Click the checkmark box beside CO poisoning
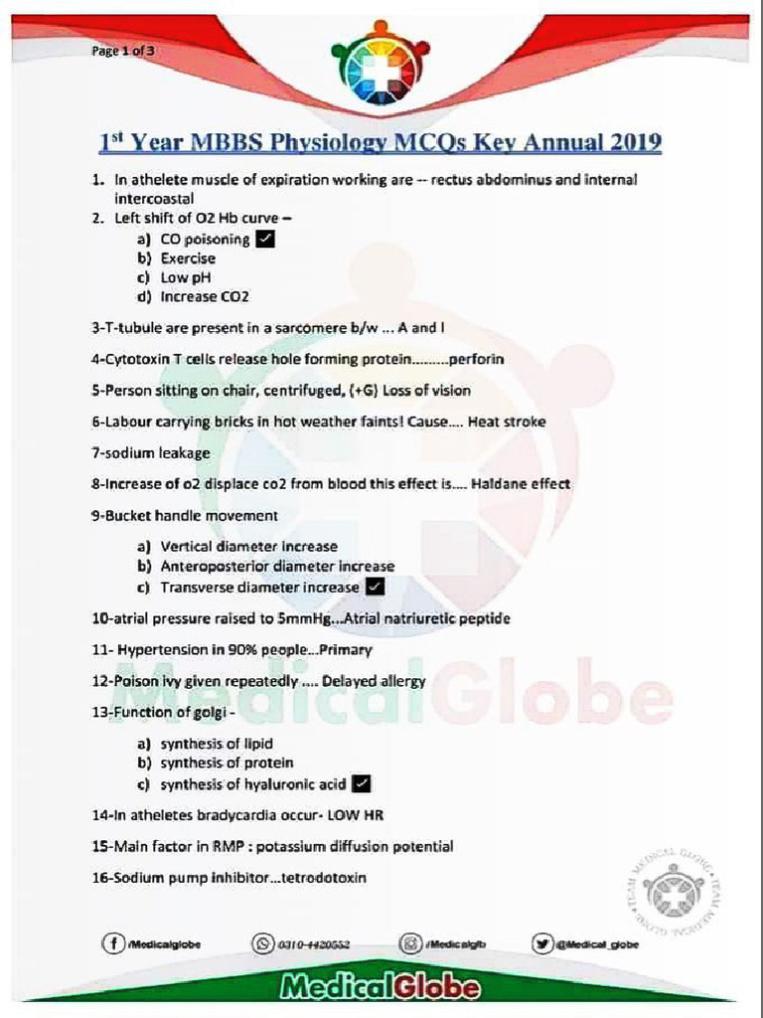(x=265, y=239)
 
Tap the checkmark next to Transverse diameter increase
(x=376, y=588)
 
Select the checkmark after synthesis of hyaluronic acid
(x=363, y=784)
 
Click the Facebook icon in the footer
(x=113, y=943)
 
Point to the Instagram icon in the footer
(x=410, y=943)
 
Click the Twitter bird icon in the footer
(x=542, y=943)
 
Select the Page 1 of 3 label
(x=117, y=51)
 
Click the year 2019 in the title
(x=628, y=142)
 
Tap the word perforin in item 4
(x=476, y=359)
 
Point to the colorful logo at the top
(x=381, y=62)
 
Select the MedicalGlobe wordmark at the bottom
(x=381, y=988)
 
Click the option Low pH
(x=186, y=277)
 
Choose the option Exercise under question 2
(x=188, y=258)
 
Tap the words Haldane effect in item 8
(x=521, y=484)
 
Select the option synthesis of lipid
(x=217, y=744)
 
